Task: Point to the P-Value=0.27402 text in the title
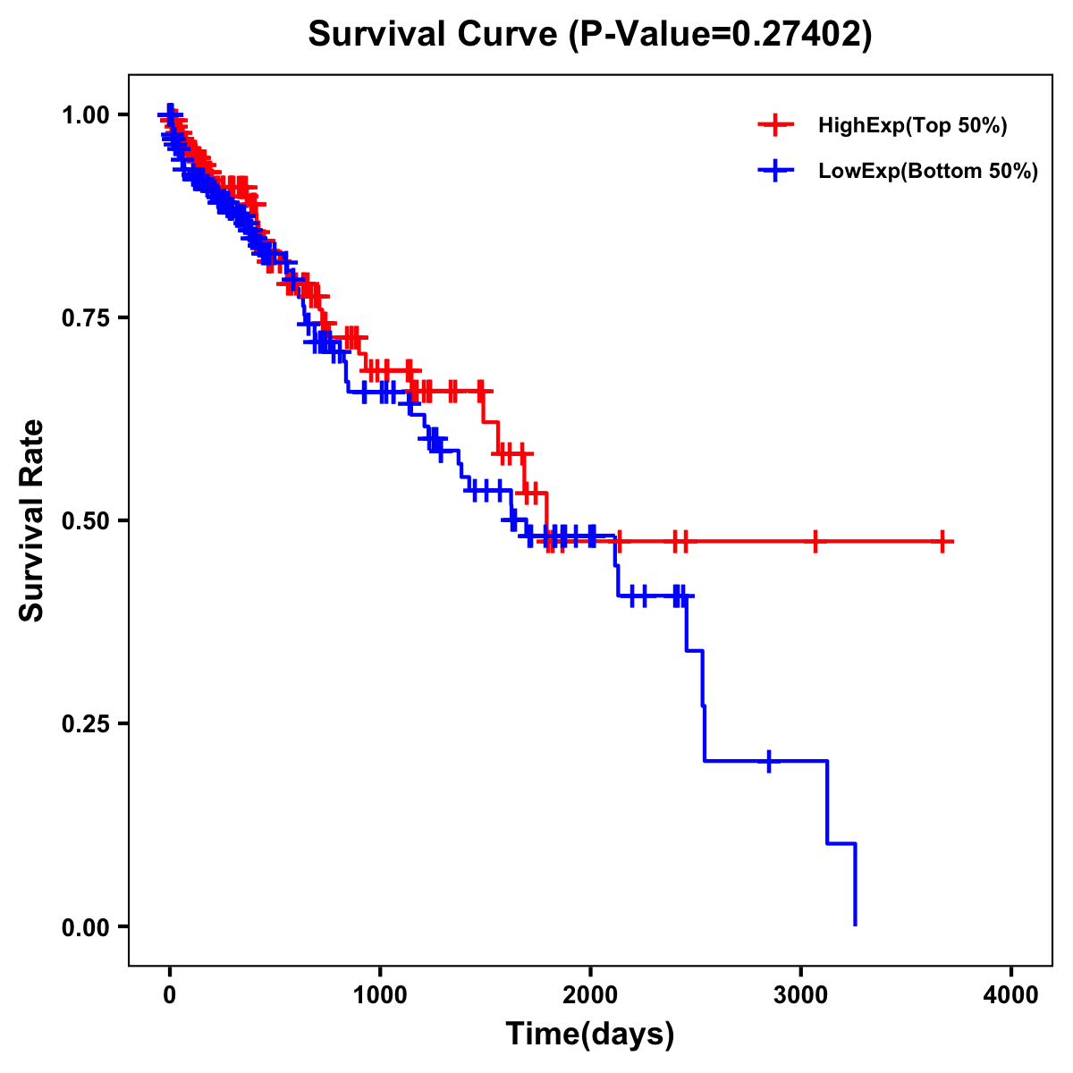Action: pos(722,34)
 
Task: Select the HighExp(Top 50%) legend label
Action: pos(912,126)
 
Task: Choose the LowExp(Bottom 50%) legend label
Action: pos(927,172)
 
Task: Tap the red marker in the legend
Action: pos(775,125)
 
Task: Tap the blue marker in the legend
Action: pos(775,171)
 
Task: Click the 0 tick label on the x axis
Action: pos(169,995)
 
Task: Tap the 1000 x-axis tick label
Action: pos(380,995)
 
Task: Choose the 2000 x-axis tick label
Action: pos(590,995)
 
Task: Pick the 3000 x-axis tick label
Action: pos(801,995)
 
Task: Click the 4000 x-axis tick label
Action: pos(1011,995)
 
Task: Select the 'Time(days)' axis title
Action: pos(590,1035)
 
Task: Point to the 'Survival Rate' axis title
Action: pos(32,520)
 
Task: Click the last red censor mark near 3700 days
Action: pos(942,541)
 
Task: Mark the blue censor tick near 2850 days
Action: pos(769,761)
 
